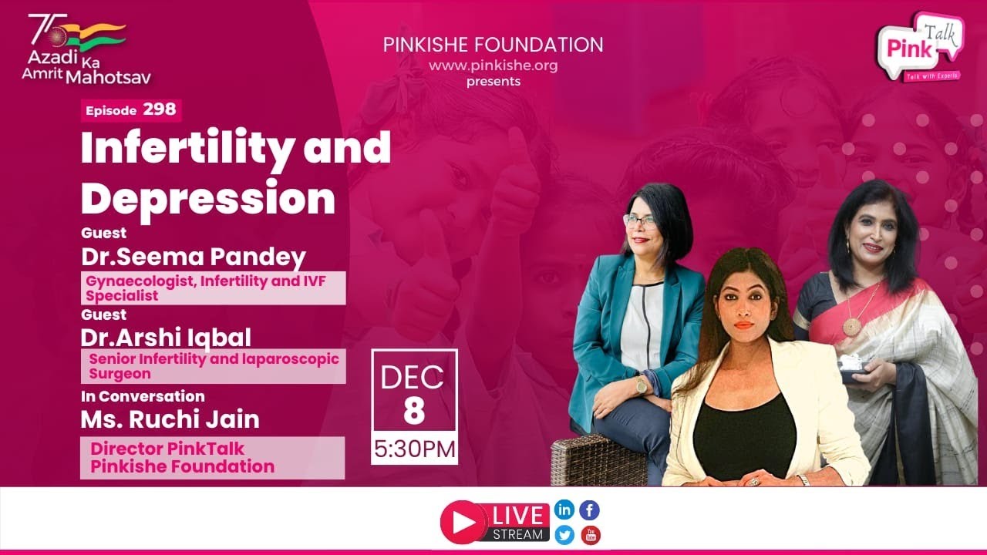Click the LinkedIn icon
click(564, 510)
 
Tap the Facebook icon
click(590, 510)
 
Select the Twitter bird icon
click(564, 536)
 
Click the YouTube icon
click(591, 536)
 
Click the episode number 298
click(160, 109)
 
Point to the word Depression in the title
click(208, 198)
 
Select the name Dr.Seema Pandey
click(194, 257)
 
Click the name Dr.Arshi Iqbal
click(166, 338)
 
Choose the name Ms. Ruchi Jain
click(170, 419)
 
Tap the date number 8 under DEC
click(414, 411)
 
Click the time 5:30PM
click(415, 449)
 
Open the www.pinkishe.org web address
click(493, 66)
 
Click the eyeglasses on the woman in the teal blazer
click(640, 221)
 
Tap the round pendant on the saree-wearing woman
click(852, 327)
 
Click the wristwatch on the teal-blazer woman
click(641, 386)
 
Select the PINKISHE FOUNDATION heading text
click(493, 45)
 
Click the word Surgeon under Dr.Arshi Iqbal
click(120, 374)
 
